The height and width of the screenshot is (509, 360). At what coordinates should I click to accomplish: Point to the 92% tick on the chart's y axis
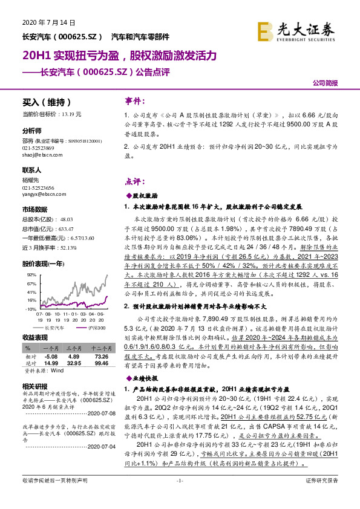click(x=31, y=274)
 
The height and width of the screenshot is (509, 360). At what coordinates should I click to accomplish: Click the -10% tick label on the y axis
click(x=30, y=309)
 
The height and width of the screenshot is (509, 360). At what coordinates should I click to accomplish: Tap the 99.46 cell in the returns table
click(x=101, y=363)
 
